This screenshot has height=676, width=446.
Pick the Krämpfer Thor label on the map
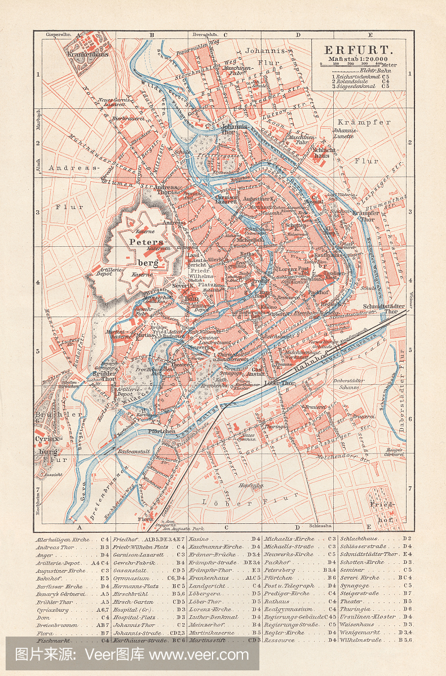[x=363, y=217]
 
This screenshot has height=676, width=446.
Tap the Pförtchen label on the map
[x=163, y=431]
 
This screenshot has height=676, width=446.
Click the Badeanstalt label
[x=133, y=452]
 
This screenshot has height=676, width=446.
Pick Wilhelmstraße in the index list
[x=363, y=640]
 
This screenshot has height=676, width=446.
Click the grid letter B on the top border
[x=151, y=35]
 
